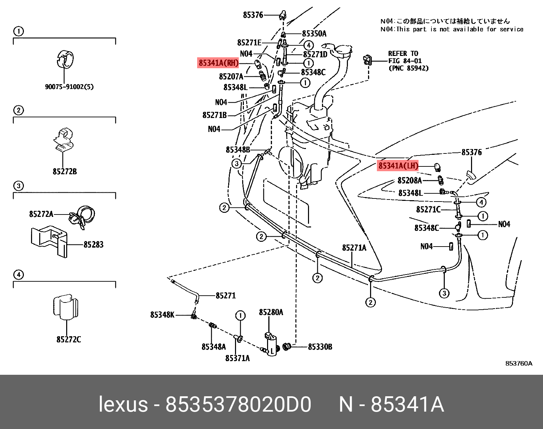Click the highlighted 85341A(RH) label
(x=218, y=63)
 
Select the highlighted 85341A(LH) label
(x=398, y=166)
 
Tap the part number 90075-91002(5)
(x=69, y=87)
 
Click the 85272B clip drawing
(x=64, y=140)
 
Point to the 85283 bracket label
(x=93, y=245)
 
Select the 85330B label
(x=320, y=347)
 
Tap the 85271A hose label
(x=354, y=248)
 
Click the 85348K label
(x=162, y=315)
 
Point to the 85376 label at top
(x=253, y=15)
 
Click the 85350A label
(x=314, y=33)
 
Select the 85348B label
(x=238, y=150)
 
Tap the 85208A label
(x=410, y=180)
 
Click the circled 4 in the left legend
(x=18, y=275)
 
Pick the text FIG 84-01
(x=405, y=61)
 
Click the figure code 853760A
(x=518, y=364)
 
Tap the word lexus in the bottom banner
(x=123, y=404)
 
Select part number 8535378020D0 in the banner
(x=238, y=404)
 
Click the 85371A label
(x=237, y=358)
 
